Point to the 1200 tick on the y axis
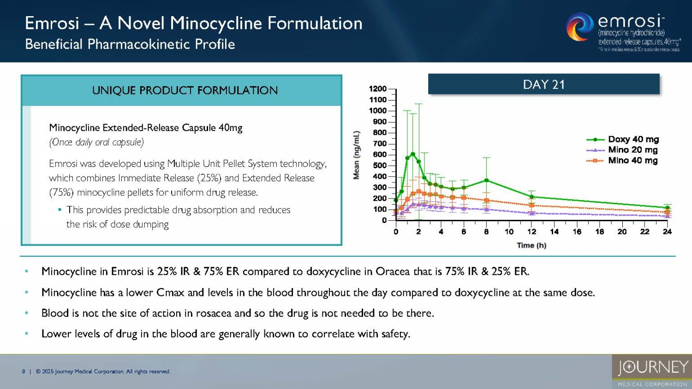click(378, 89)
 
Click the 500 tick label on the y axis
click(380, 165)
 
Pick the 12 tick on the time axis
click(531, 231)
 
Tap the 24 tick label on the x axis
click(667, 231)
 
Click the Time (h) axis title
click(531, 245)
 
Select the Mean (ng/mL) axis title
click(356, 155)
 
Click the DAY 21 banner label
click(543, 84)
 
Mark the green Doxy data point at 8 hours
click(486, 180)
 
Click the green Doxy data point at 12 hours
click(531, 197)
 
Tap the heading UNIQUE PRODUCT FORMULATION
click(185, 90)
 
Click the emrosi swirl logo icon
click(579, 27)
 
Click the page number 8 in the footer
click(24, 371)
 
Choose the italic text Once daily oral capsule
click(96, 142)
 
